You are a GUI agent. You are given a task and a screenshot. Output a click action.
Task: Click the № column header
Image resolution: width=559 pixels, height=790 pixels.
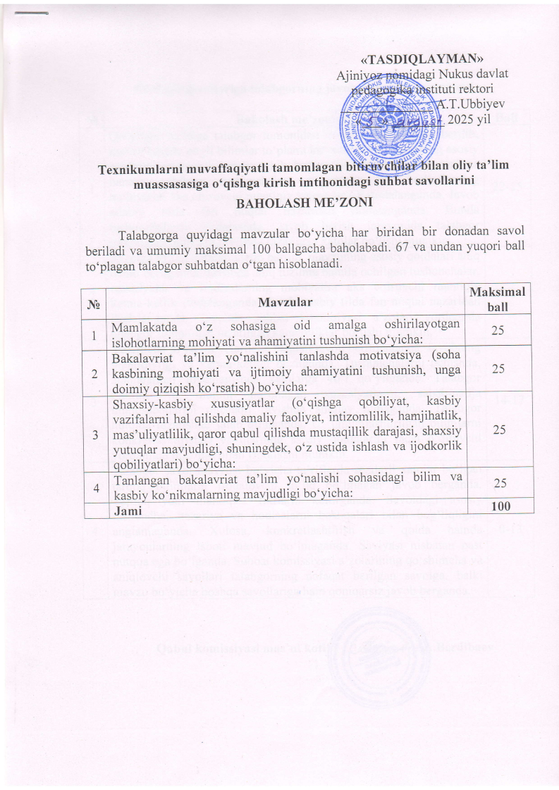coord(92,303)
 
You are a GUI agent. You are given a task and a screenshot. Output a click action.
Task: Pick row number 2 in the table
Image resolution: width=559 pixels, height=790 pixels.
coord(92,373)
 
